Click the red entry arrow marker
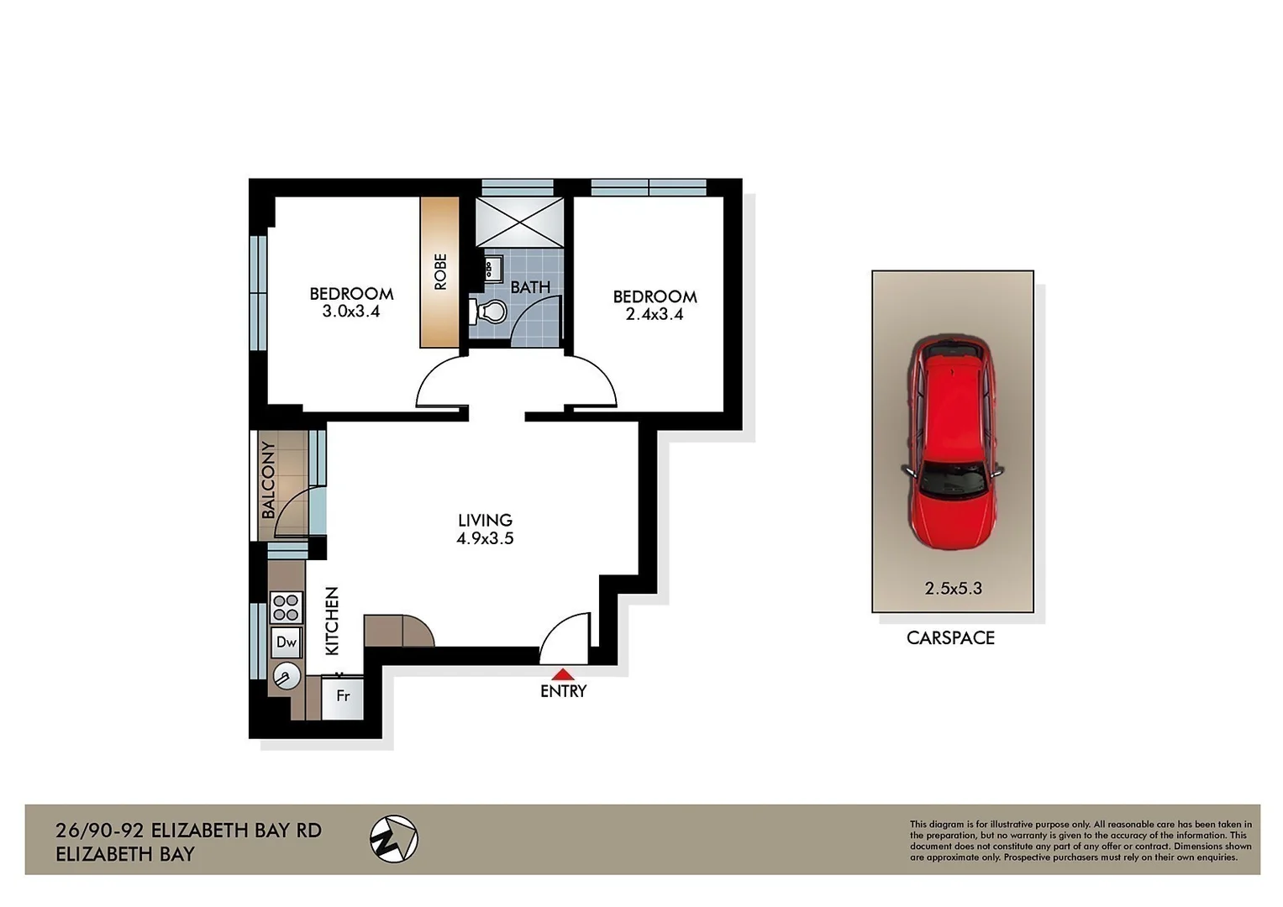click(x=562, y=674)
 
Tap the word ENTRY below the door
click(x=563, y=691)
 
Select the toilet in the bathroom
click(x=489, y=312)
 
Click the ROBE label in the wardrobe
click(x=440, y=272)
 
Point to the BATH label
click(x=530, y=287)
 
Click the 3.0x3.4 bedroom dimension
click(x=351, y=312)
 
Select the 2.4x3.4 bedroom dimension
click(x=655, y=315)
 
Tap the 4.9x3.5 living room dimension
click(x=485, y=539)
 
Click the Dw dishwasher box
click(x=287, y=642)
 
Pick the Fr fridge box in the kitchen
click(x=343, y=696)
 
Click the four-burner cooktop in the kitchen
click(x=286, y=606)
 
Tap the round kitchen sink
click(x=287, y=676)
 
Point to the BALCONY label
click(x=268, y=480)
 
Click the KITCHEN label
click(x=332, y=621)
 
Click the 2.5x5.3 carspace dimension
click(x=953, y=589)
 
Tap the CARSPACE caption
click(x=950, y=638)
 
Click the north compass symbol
click(x=394, y=838)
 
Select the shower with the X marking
click(x=519, y=222)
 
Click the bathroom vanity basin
click(x=491, y=270)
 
